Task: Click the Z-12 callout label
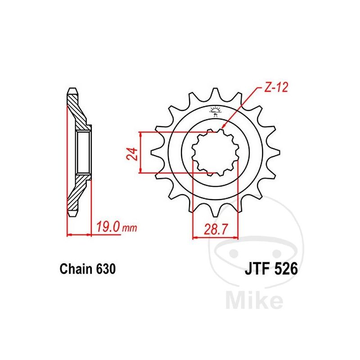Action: pos(276,87)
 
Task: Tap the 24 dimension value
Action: pos(132,154)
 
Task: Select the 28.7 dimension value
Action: pos(216,229)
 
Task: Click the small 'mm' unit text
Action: pos(129,229)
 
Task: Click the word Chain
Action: pos(76,269)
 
